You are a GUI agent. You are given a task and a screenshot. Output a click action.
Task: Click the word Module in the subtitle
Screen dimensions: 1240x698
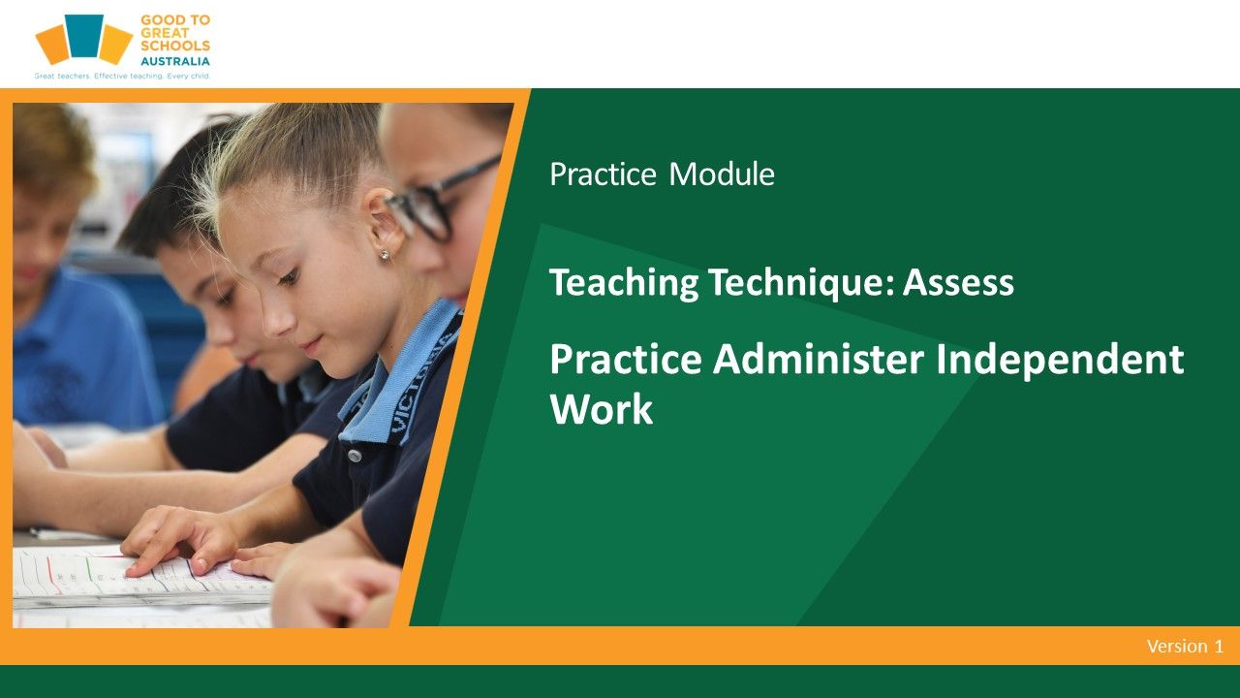(722, 174)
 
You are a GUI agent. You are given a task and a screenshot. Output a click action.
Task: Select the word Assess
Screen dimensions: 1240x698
(958, 282)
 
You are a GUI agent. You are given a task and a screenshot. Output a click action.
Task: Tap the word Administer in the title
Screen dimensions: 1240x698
(819, 360)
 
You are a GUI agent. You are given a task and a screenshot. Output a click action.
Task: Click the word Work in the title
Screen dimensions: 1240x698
(602, 409)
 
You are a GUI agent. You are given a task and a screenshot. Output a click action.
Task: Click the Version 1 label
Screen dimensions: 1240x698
(1185, 647)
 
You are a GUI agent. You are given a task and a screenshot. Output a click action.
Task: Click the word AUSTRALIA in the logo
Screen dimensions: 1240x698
(175, 61)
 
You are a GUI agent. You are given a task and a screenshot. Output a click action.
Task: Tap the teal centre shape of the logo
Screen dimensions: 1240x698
(84, 36)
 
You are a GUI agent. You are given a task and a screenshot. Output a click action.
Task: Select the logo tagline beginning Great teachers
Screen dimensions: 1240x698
(122, 76)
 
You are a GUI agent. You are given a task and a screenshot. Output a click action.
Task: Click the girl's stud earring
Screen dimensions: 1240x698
(385, 255)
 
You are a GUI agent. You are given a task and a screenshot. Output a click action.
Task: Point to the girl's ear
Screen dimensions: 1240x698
(385, 223)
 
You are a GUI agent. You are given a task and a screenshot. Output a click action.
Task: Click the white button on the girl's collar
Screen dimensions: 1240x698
(355, 456)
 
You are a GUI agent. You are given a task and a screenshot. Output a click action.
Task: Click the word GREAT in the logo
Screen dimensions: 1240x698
(165, 33)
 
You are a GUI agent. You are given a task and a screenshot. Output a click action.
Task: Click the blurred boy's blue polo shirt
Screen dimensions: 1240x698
(83, 355)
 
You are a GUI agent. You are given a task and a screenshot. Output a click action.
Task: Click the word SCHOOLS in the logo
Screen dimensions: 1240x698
(175, 47)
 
